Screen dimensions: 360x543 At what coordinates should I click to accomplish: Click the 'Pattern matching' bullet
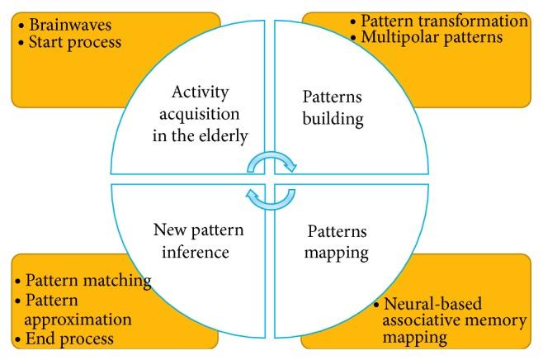tap(83, 280)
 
